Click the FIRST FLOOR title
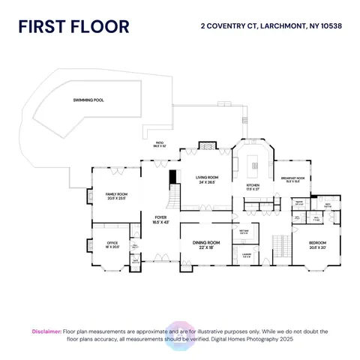pos(73,27)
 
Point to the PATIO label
pos(159,144)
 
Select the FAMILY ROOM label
pos(116,196)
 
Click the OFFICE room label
pos(112,244)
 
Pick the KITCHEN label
pos(253,187)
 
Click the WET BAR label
pos(244,232)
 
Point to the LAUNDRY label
pos(246,253)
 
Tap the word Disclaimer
pos(46,330)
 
